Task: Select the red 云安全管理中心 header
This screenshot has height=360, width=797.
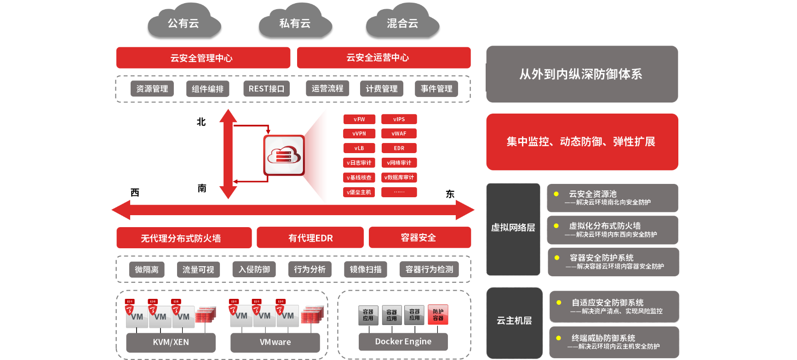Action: coord(203,58)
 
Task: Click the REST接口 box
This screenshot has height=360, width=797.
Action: coord(266,89)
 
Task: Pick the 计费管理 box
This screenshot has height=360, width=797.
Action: coord(381,89)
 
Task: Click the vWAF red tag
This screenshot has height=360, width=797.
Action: coord(399,133)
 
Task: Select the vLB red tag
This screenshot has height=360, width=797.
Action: coord(359,148)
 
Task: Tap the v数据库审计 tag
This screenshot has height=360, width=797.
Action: coord(399,177)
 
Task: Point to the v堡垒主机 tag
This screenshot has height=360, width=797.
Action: coord(359,192)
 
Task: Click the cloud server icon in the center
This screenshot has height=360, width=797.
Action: coord(284,155)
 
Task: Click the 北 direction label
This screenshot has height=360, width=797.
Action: coord(201,122)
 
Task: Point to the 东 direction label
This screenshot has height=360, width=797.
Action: coord(450,194)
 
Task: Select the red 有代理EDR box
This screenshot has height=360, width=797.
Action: coord(310,238)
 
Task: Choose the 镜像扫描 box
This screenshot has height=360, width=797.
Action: coord(366,269)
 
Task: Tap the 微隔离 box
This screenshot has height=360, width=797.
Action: coord(147,269)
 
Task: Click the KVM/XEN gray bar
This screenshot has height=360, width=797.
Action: coord(171,342)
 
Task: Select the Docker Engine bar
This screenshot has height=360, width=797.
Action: coord(403,342)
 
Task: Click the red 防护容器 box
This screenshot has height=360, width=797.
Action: coord(438,315)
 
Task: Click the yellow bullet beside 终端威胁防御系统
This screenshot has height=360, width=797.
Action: coord(558,338)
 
